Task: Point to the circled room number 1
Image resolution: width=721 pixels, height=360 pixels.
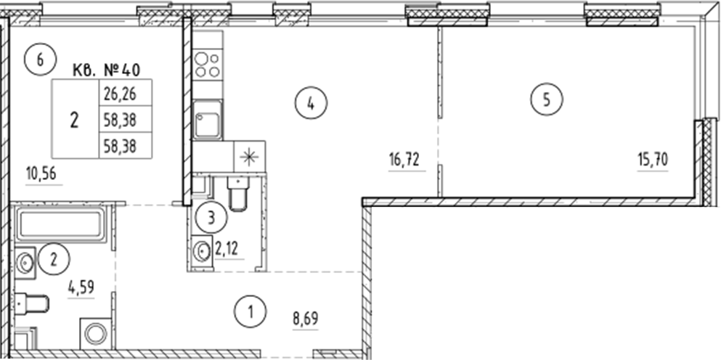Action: click(x=250, y=314)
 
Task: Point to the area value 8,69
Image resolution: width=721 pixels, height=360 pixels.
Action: click(x=305, y=318)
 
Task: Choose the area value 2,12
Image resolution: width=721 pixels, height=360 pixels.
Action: click(x=226, y=251)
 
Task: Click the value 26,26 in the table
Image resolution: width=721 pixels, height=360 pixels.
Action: click(x=120, y=92)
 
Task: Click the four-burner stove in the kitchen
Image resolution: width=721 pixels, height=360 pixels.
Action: click(x=206, y=65)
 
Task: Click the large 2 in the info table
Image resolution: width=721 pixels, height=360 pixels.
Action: click(x=74, y=119)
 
